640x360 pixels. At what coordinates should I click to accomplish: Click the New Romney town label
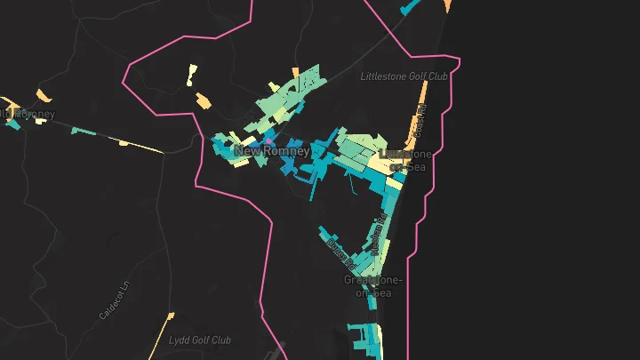pos(272,152)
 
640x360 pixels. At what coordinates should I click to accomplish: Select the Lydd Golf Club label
pos(200,340)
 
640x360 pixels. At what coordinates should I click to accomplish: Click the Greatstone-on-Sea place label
pos(373,286)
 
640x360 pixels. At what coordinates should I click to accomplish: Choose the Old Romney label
pos(28,114)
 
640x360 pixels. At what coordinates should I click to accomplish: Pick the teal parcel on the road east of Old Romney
pos(84,131)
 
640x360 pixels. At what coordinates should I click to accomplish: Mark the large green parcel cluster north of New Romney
pos(289,98)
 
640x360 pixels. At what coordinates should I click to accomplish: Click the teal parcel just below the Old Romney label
pos(12,125)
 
